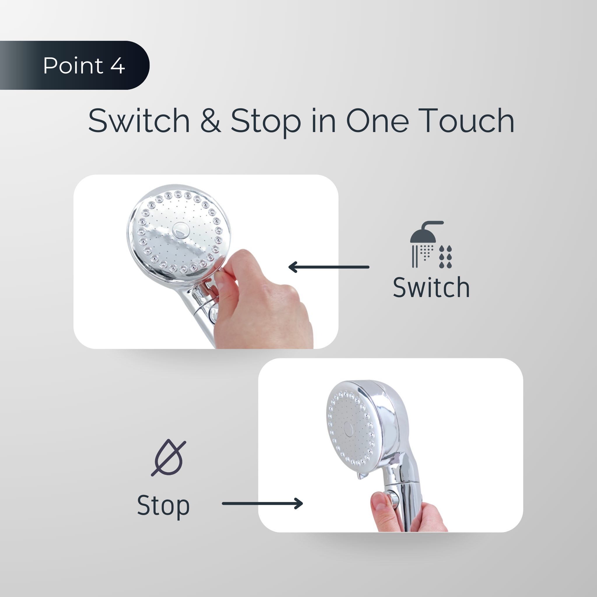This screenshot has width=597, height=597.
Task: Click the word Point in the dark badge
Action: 73,66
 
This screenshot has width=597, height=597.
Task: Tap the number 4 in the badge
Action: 118,66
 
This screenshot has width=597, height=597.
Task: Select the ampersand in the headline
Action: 211,120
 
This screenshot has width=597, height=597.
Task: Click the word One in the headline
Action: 377,120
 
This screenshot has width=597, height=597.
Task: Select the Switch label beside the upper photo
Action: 431,287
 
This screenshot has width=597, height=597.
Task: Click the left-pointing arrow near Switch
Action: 329,267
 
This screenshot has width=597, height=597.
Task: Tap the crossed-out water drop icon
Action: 168,458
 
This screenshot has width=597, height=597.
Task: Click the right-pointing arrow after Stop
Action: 262,503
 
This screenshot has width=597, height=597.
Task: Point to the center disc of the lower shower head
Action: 349,429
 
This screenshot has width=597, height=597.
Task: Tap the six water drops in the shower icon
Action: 445,257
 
